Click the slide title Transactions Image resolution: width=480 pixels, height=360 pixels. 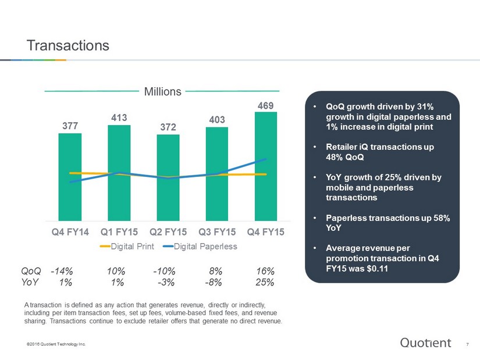[x=68, y=45]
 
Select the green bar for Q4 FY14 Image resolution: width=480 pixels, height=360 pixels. [x=70, y=177]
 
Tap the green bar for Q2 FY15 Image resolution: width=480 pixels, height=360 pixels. [x=168, y=177]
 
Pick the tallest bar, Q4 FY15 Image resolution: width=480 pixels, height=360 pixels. [x=266, y=166]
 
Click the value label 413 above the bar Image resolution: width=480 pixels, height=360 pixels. [x=119, y=117]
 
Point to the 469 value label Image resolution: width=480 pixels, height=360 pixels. [x=265, y=106]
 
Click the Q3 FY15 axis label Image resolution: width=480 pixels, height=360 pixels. [x=217, y=232]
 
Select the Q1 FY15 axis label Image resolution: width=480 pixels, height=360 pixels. [x=119, y=232]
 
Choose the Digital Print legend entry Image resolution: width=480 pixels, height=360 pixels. [x=127, y=247]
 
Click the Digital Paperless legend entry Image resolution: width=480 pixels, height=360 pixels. [x=200, y=247]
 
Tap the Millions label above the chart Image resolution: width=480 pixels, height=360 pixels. [x=162, y=91]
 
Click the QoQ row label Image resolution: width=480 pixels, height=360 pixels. [x=31, y=271]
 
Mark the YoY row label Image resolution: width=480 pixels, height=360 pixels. [x=30, y=282]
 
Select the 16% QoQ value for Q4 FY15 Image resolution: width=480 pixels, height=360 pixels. [x=265, y=271]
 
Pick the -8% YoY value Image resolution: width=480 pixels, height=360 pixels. [x=214, y=282]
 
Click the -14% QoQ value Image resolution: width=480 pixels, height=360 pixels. [x=62, y=271]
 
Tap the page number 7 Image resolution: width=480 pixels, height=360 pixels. [x=467, y=345]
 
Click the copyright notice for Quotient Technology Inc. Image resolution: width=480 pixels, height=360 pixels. [x=56, y=344]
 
